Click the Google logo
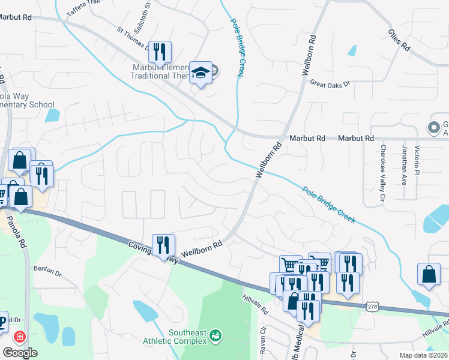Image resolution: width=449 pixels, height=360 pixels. pos(20,353)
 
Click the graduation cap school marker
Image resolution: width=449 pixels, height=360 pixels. pos(200,73)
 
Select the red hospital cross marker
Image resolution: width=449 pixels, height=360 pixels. pos(20,337)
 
